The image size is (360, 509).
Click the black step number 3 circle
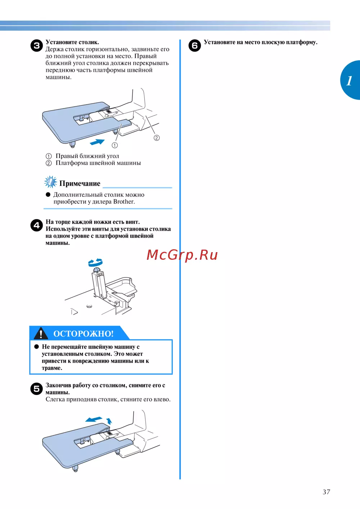[x=37, y=45]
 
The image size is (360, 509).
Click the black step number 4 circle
[x=37, y=225]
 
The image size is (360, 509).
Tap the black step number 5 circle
[x=37, y=389]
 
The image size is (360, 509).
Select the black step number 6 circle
[x=195, y=45]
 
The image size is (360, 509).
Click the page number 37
[x=327, y=492]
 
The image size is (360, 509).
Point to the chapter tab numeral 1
[x=349, y=81]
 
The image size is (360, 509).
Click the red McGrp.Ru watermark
[x=182, y=255]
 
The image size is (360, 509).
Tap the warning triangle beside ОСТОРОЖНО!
[x=41, y=333]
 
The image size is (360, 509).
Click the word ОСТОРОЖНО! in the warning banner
[x=84, y=334]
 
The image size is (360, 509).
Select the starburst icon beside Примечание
[x=50, y=182]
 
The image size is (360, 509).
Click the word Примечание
[x=80, y=183]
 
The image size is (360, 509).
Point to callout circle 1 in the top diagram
[x=115, y=145]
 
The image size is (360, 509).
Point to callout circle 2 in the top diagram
[x=157, y=138]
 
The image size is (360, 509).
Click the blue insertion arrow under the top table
[x=97, y=142]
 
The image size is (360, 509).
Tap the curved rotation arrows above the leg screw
[x=95, y=263]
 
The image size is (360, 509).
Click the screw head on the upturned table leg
[x=96, y=270]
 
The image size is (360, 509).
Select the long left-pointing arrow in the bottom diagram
[x=94, y=419]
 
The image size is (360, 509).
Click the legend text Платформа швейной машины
[x=98, y=163]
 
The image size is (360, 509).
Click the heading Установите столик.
[x=72, y=42]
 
